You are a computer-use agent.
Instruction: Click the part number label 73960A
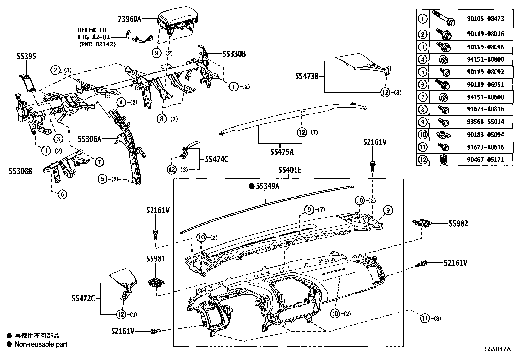coord(130,19)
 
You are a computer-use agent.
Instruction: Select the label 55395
coord(27,57)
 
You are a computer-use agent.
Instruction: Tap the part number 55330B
coord(234,54)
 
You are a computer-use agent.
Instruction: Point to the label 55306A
coord(89,139)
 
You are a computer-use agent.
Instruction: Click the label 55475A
coord(282,152)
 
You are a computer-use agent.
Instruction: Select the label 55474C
coord(217,160)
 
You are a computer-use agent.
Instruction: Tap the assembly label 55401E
coord(290,170)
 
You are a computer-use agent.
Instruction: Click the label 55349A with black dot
coord(268,186)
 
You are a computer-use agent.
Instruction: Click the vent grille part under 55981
coord(156,282)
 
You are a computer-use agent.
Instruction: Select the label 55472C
coord(83,298)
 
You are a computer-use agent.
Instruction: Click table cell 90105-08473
coord(485,19)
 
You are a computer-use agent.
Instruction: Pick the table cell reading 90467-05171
coord(485,160)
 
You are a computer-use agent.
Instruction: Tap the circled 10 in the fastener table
coord(423,134)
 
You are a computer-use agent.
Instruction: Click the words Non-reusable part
coord(41,344)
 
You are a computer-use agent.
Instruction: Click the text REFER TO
coord(92,30)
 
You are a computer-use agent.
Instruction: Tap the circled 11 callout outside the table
coord(424,318)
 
